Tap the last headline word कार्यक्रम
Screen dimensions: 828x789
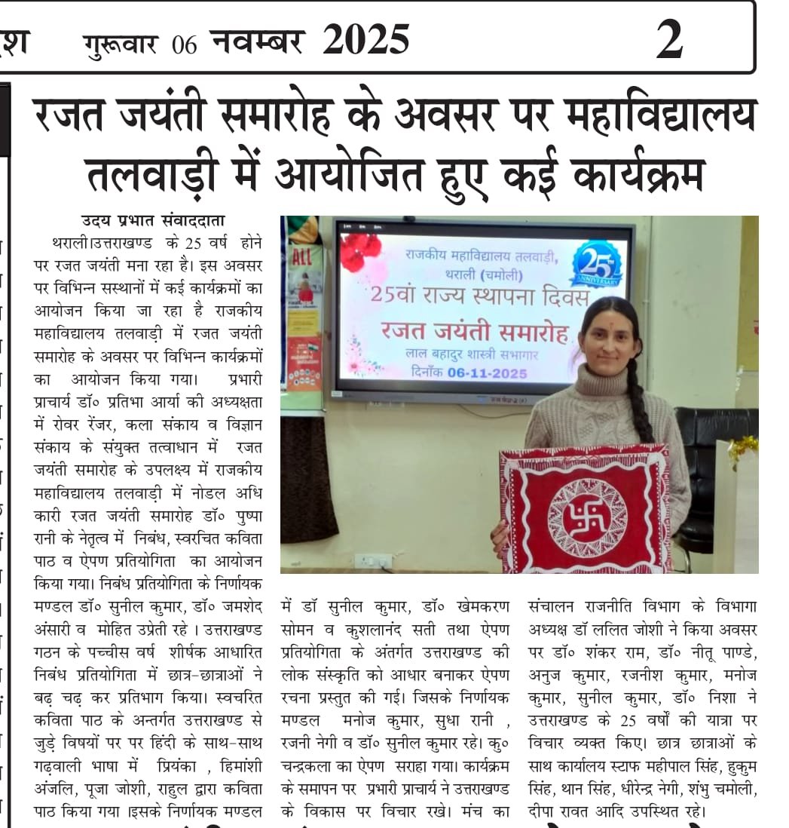click(638, 175)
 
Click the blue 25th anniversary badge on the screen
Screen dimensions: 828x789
click(598, 264)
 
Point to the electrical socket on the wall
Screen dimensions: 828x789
click(373, 561)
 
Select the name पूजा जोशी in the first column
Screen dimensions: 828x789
click(106, 790)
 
